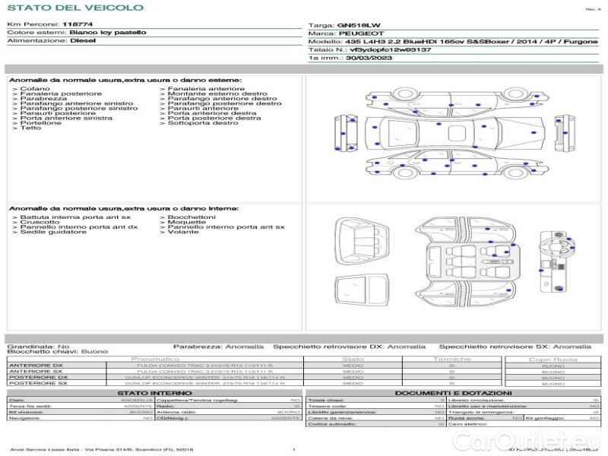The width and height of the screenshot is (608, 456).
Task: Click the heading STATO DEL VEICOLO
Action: click(75, 8)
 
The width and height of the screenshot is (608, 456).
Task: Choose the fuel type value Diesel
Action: click(83, 41)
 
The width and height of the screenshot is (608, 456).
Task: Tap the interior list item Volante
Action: click(183, 232)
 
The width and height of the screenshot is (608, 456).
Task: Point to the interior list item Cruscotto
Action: click(40, 222)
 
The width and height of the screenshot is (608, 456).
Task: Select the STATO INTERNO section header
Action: click(154, 393)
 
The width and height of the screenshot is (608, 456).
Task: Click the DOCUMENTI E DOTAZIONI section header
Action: click(454, 393)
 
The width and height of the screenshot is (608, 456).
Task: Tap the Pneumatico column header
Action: click(155, 359)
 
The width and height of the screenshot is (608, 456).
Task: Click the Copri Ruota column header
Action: click(553, 359)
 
